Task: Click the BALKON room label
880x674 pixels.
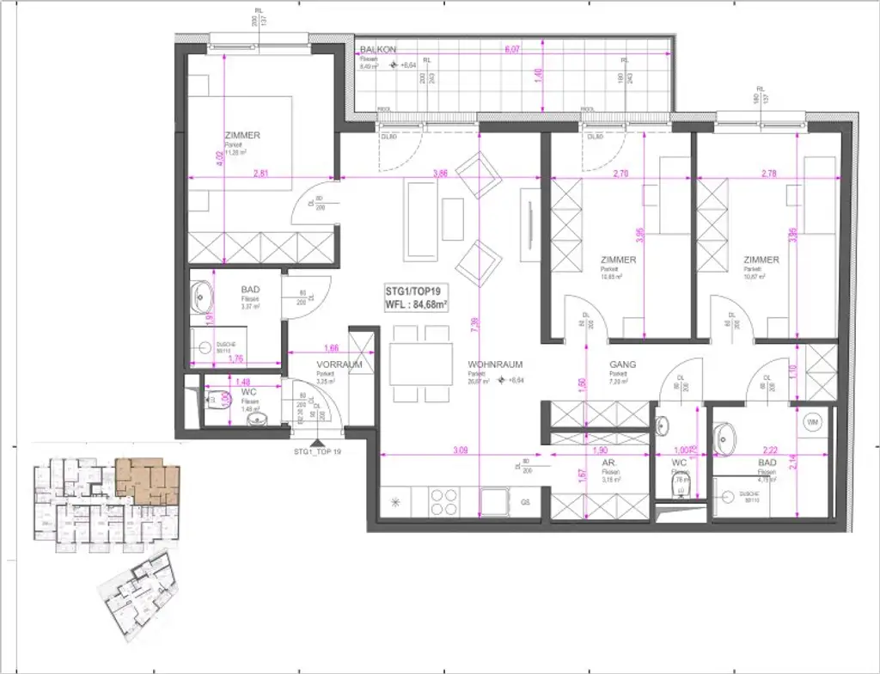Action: tap(378, 50)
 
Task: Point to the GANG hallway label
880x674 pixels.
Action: tap(622, 364)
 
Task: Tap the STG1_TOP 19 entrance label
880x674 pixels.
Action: tap(318, 451)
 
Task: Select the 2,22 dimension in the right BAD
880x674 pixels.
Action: tap(768, 449)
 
